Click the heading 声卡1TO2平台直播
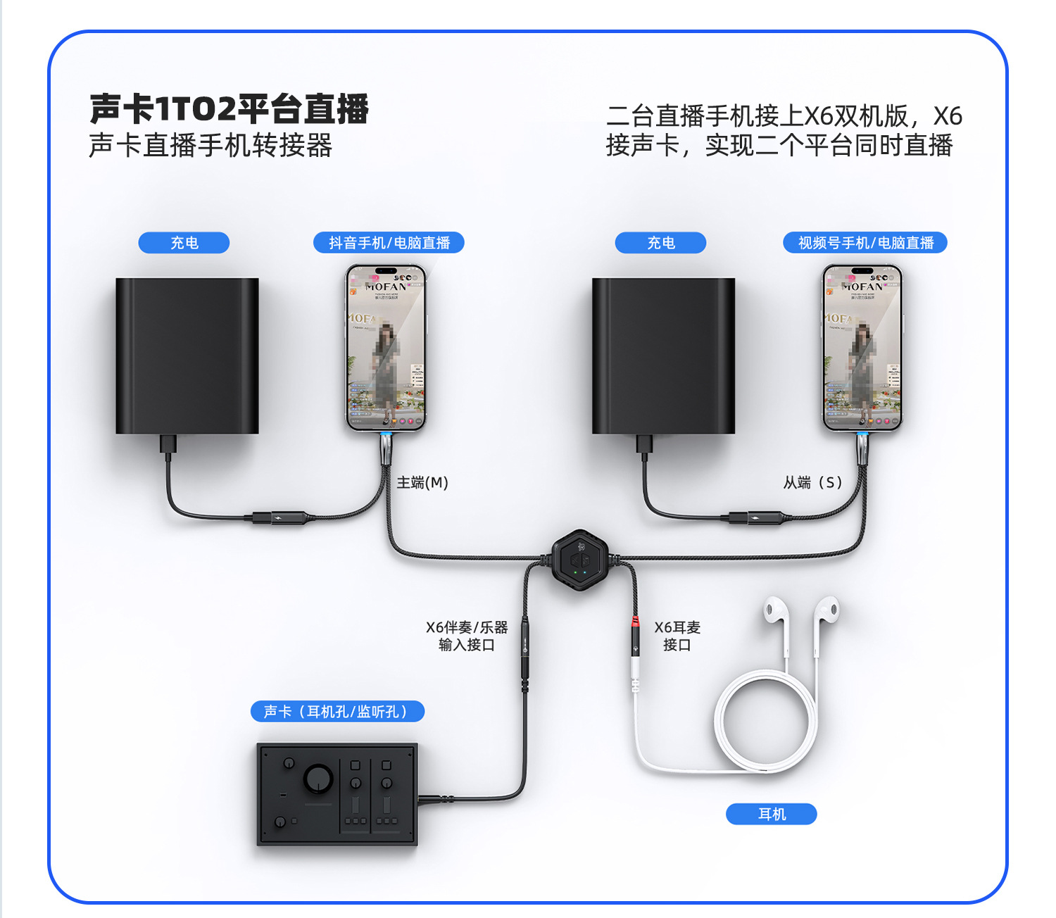[229, 109]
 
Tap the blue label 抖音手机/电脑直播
[389, 243]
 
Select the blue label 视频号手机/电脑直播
[865, 243]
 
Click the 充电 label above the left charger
[184, 243]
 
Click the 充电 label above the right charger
[660, 243]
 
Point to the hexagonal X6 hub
[579, 560]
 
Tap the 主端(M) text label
[422, 483]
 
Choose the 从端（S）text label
[813, 483]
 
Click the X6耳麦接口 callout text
[677, 636]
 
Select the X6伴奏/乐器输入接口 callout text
[467, 636]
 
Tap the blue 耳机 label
[772, 814]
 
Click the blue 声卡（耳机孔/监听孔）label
[337, 712]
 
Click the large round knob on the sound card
[318, 779]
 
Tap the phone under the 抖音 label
[385, 348]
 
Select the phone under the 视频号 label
[862, 348]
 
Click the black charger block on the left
[187, 356]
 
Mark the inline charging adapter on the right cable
[755, 519]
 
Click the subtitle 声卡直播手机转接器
[210, 146]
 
